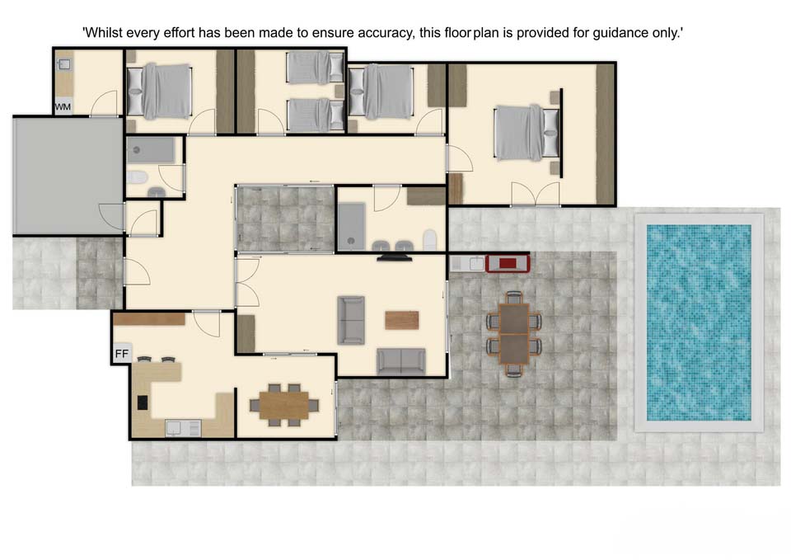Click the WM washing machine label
[63, 107]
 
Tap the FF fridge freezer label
[122, 354]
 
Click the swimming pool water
[699, 322]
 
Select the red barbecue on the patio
[508, 263]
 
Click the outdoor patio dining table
[514, 333]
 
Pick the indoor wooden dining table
[284, 405]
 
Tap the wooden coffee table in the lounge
[401, 320]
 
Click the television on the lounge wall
[395, 258]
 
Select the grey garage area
[68, 176]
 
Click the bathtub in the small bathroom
[150, 150]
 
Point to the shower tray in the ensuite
[351, 226]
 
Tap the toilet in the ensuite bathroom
[429, 240]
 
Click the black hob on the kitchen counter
[143, 402]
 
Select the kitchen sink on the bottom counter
[183, 428]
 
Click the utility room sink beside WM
[64, 64]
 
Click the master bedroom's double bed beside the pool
[527, 133]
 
